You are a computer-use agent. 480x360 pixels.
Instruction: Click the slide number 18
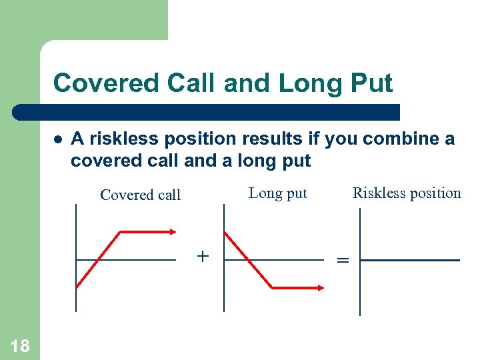(20, 345)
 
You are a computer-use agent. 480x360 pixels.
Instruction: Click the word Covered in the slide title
(99, 83)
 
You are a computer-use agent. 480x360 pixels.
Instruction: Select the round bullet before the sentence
(58, 139)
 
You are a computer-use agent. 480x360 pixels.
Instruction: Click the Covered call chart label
(140, 195)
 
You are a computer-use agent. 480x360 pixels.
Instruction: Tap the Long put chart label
(277, 193)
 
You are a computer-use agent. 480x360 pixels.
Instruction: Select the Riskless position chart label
(406, 193)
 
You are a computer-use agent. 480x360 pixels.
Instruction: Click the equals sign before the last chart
(343, 261)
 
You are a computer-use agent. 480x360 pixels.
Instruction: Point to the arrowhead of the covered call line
(173, 232)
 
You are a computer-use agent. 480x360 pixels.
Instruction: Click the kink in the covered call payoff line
(120, 232)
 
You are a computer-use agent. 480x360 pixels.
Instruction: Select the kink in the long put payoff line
(272, 287)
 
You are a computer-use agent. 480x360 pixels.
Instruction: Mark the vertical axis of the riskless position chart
(360, 287)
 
